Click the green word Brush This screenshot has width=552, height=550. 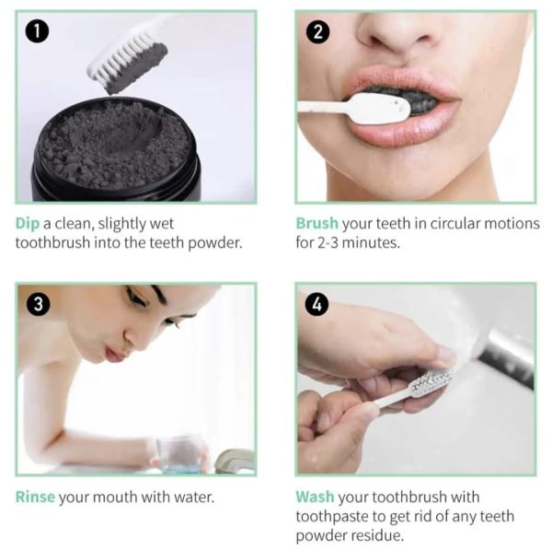(317, 223)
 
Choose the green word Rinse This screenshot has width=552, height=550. (35, 497)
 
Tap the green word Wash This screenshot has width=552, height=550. (315, 497)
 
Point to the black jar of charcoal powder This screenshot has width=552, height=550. (115, 152)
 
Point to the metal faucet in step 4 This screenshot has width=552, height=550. (510, 355)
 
